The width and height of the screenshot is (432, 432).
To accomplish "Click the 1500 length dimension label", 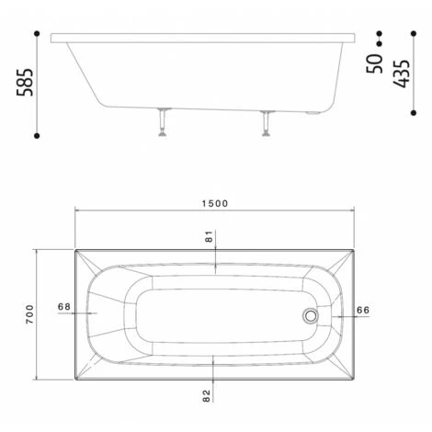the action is [x=215, y=203].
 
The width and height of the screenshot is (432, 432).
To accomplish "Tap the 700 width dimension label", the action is [x=29, y=314].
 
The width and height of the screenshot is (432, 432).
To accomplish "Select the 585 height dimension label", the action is [x=25, y=82].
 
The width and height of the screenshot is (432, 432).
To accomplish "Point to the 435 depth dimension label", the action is [x=402, y=74].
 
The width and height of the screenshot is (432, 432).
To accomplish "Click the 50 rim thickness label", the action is [x=374, y=63].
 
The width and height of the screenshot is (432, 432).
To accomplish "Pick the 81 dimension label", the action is [x=209, y=236].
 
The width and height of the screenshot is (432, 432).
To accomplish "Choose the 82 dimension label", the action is [x=207, y=395].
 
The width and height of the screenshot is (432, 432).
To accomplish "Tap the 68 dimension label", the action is [x=64, y=306].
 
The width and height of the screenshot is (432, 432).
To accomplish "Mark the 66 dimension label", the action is [x=363, y=310].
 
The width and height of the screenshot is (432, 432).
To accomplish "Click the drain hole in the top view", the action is [x=311, y=315].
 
